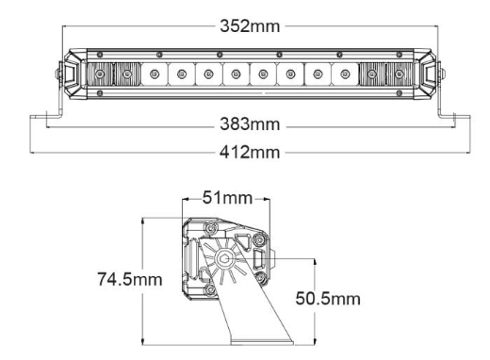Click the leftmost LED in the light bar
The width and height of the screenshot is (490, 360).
click(x=100, y=74)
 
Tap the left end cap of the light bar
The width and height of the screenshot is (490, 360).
click(x=71, y=73)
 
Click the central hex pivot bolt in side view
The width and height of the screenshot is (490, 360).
click(x=226, y=259)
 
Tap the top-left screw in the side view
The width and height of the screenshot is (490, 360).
click(x=206, y=229)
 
